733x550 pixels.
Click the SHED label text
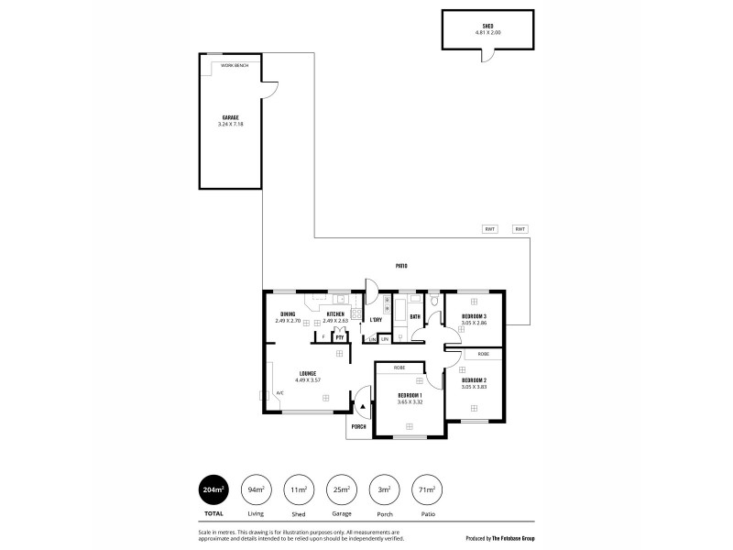487,27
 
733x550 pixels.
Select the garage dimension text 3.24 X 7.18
231,124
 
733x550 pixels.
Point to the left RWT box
489,229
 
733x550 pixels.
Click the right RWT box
520,229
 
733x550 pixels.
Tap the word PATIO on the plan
401,266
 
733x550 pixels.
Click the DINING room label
288,314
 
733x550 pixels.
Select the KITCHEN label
335,314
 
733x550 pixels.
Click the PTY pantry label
338,337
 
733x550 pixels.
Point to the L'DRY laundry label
376,320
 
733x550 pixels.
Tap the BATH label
415,317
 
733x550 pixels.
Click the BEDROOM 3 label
474,316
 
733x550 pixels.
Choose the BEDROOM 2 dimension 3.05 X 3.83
474,386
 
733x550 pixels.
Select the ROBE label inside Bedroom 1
399,367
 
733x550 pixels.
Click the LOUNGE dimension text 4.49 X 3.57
308,379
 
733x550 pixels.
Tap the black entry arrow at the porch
363,405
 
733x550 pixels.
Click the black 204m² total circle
214,492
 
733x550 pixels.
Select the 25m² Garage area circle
343,492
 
